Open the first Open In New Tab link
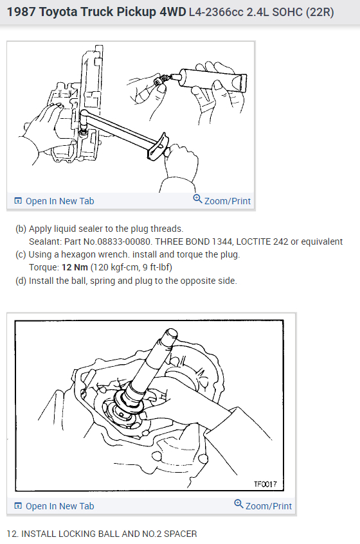point(59,201)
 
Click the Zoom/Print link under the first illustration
point(227,201)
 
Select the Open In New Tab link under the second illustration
point(59,506)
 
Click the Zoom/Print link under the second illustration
point(268,506)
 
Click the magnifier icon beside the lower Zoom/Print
point(239,505)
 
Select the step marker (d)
point(21,281)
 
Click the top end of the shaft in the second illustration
point(172,334)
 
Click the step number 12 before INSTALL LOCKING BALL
point(11,534)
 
